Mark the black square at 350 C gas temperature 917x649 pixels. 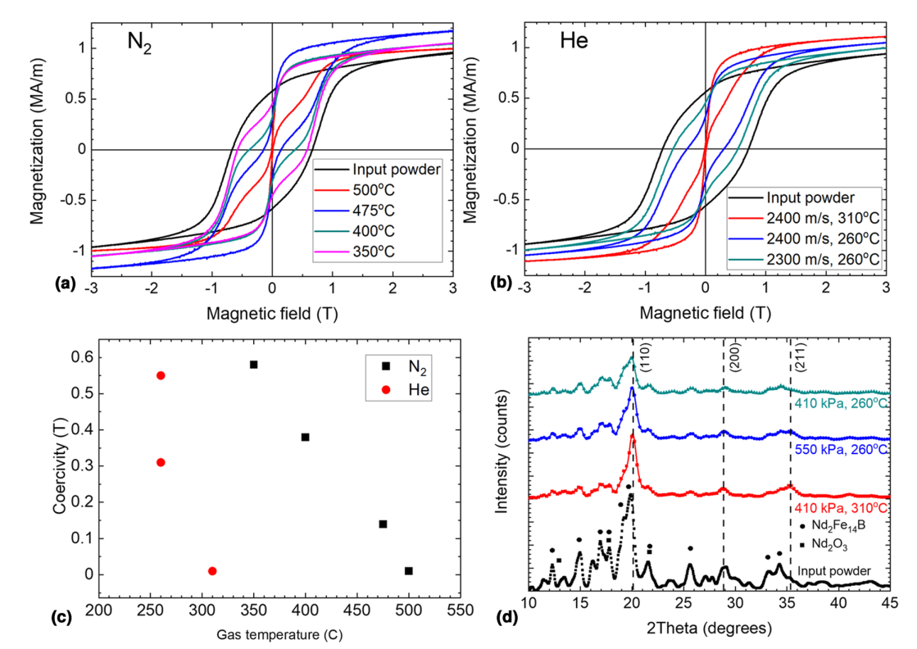pyautogui.click(x=254, y=365)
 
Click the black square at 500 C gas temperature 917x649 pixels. pyautogui.click(x=409, y=570)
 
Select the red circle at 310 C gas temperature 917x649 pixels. pyautogui.click(x=212, y=571)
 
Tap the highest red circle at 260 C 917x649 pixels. pyautogui.click(x=161, y=375)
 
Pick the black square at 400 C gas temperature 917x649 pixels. pyautogui.click(x=305, y=437)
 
